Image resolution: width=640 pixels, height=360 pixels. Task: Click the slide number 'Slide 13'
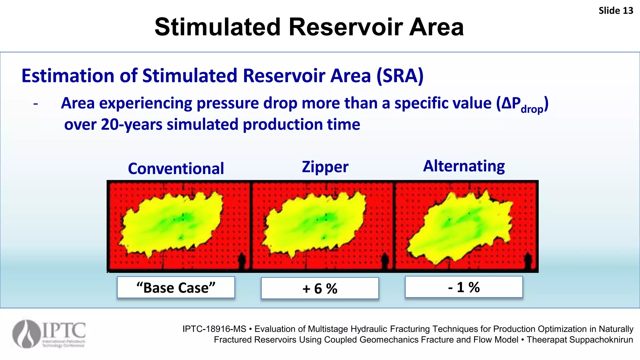click(615, 11)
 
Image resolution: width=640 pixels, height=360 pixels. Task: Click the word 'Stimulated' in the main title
click(217, 27)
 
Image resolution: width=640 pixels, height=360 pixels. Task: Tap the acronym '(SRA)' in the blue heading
click(400, 76)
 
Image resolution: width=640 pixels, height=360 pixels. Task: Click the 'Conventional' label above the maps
click(176, 168)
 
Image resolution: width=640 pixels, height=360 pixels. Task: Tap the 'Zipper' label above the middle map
click(325, 167)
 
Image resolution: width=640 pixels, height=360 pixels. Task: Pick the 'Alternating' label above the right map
click(464, 166)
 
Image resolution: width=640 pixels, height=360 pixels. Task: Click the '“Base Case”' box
click(176, 287)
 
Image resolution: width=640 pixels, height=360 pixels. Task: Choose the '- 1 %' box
click(464, 287)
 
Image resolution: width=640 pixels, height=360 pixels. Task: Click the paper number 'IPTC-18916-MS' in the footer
click(214, 329)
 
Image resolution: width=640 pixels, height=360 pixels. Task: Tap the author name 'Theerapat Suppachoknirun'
click(580, 340)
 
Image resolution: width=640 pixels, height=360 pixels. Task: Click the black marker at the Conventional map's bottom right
click(241, 261)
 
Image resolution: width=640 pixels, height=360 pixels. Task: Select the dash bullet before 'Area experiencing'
click(36, 104)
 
